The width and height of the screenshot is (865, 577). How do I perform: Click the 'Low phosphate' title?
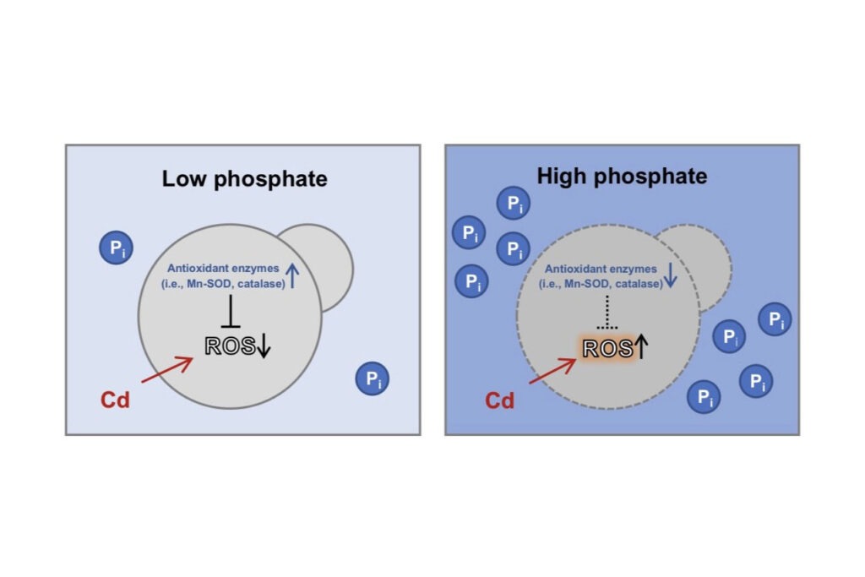(x=244, y=179)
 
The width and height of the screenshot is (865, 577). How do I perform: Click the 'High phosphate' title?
(x=622, y=177)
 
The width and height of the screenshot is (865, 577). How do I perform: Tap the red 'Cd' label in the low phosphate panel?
(x=115, y=400)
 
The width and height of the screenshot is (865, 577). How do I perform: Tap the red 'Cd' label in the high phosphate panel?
(x=500, y=400)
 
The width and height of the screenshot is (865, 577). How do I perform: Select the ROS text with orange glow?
(x=607, y=349)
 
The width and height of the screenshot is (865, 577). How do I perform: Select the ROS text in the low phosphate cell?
(x=230, y=346)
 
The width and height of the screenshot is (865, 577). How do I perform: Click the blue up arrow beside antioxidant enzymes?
(x=291, y=275)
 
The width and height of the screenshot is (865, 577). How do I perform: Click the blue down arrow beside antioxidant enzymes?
(x=670, y=275)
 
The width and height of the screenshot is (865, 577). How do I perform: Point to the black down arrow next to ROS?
(x=264, y=346)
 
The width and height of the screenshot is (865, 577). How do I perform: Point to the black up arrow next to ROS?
(x=641, y=347)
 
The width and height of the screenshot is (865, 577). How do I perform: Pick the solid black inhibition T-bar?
(x=231, y=311)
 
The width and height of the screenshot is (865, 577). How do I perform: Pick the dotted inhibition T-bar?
(x=607, y=313)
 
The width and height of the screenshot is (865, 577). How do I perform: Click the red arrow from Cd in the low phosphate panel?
(x=167, y=369)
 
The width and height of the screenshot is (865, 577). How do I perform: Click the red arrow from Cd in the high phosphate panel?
(x=552, y=371)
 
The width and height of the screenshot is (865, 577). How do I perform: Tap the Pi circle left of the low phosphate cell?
(x=117, y=248)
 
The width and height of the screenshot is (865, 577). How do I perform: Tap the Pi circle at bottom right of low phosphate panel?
(x=373, y=378)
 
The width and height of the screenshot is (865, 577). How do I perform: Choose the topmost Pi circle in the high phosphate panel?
(x=514, y=203)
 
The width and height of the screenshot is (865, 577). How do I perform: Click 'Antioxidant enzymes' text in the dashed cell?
(x=601, y=269)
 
